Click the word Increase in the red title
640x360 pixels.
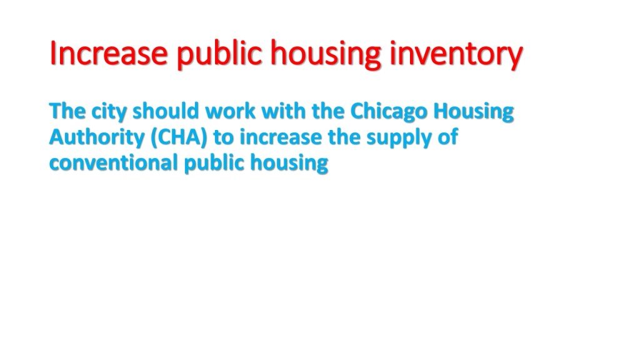point(109,53)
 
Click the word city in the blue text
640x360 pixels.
point(109,112)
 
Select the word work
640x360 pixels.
point(230,111)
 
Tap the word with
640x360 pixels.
point(284,111)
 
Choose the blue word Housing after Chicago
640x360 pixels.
point(474,112)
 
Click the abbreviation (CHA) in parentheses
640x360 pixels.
point(179,137)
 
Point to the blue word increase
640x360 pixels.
point(281,137)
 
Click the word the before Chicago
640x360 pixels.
point(328,111)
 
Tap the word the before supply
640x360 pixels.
point(344,137)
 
